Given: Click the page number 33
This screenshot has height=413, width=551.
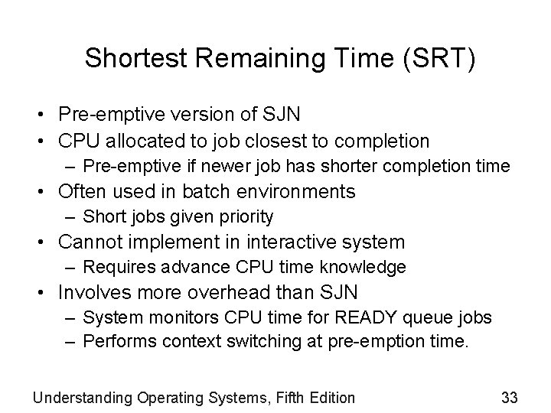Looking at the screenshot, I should pos(509,397).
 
